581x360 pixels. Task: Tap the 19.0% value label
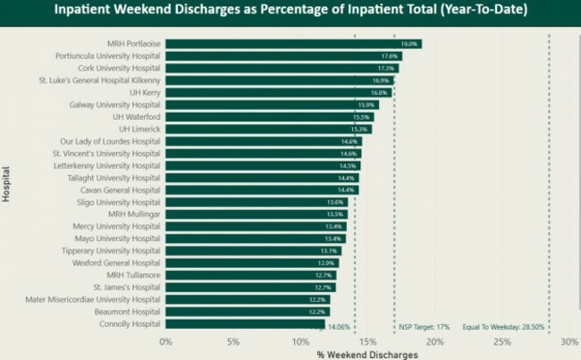[x=409, y=44]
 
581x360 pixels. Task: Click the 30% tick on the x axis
[x=569, y=341]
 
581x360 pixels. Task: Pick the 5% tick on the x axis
[x=233, y=341]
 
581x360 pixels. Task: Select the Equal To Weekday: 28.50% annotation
[x=504, y=327]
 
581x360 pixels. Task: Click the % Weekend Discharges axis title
[x=366, y=354]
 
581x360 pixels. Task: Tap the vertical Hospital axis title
[x=7, y=183]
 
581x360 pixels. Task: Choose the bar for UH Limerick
[x=268, y=129]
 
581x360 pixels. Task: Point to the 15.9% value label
[x=367, y=105]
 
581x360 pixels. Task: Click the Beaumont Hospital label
[x=122, y=312]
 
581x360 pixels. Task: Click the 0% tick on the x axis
[x=165, y=341]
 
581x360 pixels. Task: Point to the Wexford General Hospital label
[x=110, y=263]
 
